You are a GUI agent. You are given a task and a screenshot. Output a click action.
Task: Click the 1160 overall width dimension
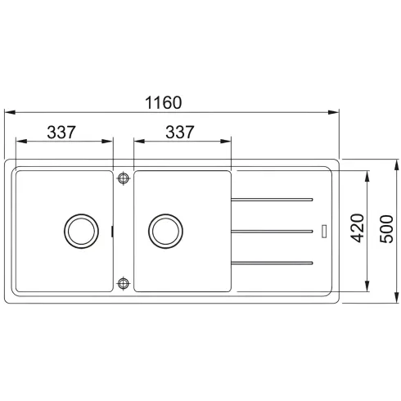(163, 102)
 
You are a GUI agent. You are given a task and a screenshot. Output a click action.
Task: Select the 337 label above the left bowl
(61, 132)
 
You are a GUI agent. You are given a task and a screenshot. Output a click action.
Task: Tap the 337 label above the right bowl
(180, 132)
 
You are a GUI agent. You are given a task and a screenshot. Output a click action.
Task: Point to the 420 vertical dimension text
(357, 228)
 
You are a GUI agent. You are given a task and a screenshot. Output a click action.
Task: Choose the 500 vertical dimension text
(386, 229)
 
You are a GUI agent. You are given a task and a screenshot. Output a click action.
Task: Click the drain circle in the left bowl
(81, 231)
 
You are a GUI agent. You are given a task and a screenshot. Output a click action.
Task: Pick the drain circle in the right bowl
(165, 231)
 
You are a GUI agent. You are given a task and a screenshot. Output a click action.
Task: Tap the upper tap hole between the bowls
(124, 178)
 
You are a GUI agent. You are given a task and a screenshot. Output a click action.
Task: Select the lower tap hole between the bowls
(124, 283)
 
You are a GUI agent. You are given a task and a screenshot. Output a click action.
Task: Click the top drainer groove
(272, 200)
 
